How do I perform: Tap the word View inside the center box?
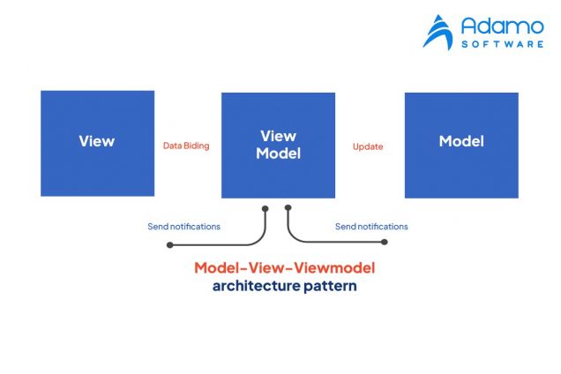click(278, 136)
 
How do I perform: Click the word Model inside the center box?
click(278, 153)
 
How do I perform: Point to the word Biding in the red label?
click(198, 146)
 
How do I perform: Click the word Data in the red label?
click(173, 146)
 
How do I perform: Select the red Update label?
click(368, 146)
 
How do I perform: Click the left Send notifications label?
click(183, 227)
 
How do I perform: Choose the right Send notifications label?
click(371, 227)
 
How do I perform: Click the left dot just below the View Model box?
click(265, 209)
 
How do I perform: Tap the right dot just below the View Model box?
click(288, 209)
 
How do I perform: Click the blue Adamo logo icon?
click(438, 32)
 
